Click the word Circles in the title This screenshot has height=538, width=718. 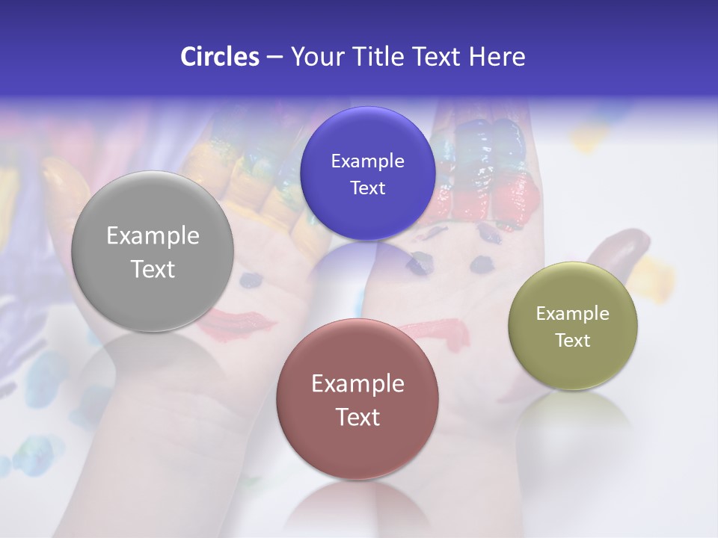pyautogui.click(x=219, y=57)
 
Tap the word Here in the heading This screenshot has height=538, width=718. pyautogui.click(x=497, y=57)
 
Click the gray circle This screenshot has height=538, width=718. pyautogui.click(x=153, y=251)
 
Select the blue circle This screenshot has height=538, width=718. pyautogui.click(x=367, y=173)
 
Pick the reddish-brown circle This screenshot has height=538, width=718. pyautogui.click(x=358, y=399)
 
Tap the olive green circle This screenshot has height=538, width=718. pyautogui.click(x=573, y=326)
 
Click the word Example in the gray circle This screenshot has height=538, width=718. pyautogui.click(x=153, y=236)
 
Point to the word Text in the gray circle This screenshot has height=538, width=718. pyautogui.click(x=153, y=269)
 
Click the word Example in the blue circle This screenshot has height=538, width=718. pyautogui.click(x=367, y=161)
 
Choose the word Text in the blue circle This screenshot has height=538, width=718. pyautogui.click(x=367, y=188)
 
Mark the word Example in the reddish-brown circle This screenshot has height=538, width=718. pyautogui.click(x=358, y=384)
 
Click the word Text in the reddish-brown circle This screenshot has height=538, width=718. pyautogui.click(x=358, y=417)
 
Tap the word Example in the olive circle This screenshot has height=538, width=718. pyautogui.click(x=573, y=314)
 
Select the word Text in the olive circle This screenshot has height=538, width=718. pyautogui.click(x=573, y=341)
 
